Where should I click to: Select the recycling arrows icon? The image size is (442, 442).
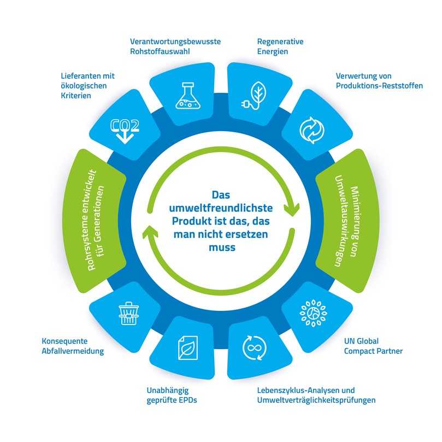tap(311, 131)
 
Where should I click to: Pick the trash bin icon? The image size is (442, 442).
tap(129, 313)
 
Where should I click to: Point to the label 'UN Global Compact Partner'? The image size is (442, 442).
tap(373, 346)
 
